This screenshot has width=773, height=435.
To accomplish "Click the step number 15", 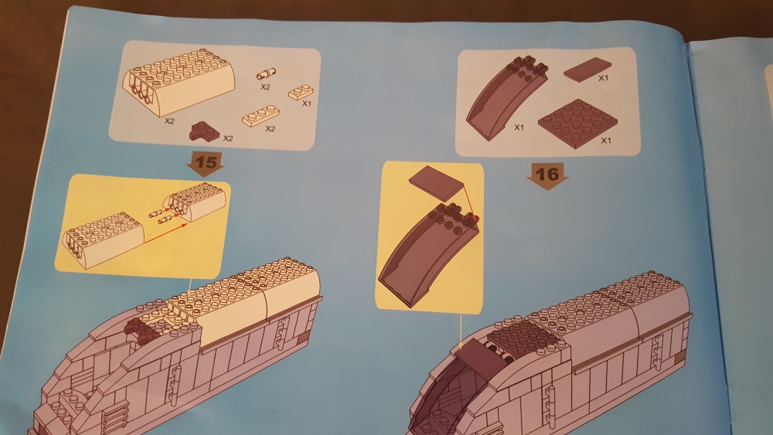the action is (206, 161).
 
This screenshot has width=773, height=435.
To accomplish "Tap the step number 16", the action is (547, 174).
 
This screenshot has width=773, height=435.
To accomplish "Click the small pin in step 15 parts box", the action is (266, 74).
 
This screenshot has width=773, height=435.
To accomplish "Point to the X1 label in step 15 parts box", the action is (307, 104).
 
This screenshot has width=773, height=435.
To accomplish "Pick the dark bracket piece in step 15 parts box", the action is (205, 131).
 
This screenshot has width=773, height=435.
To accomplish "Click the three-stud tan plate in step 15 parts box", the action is (261, 116).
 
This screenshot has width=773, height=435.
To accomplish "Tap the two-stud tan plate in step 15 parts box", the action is (301, 92).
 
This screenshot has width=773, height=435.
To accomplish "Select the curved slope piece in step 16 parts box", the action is (507, 97).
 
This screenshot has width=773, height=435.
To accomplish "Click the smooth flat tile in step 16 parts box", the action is (587, 69).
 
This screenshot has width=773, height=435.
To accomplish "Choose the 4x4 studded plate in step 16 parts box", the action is (577, 122).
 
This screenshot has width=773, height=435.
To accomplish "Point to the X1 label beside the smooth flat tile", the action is (604, 78).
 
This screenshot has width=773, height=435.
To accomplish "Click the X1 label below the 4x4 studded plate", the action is (606, 141).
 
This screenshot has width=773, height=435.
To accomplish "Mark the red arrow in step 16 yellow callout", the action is (469, 202).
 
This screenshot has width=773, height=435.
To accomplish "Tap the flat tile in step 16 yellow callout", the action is (437, 183).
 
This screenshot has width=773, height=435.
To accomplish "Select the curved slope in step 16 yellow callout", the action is (428, 254).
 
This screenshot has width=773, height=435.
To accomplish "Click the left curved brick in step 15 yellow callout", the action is (103, 240).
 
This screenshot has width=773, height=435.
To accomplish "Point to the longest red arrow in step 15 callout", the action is (165, 233).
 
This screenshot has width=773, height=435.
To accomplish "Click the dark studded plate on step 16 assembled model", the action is (522, 338).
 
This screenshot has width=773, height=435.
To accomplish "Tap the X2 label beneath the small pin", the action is (265, 87).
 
